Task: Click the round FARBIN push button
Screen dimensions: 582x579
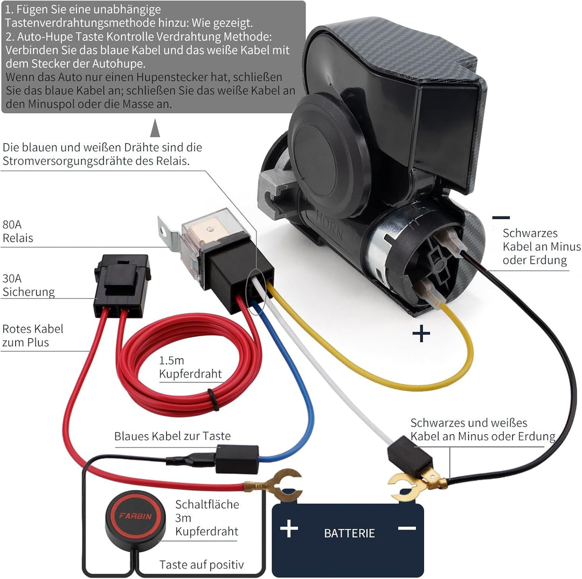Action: [x=135, y=516]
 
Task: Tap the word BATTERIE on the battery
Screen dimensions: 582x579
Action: [x=349, y=533]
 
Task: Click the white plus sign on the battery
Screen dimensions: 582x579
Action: [x=289, y=528]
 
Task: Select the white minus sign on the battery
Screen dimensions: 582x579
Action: [x=407, y=528]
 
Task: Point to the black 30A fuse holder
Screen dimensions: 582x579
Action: [x=122, y=285]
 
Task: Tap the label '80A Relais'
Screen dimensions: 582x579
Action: [x=17, y=231]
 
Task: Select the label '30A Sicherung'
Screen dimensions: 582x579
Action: [x=28, y=285]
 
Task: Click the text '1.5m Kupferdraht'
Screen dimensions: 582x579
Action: [x=190, y=367]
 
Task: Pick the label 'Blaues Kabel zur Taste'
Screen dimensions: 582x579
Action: [x=172, y=436]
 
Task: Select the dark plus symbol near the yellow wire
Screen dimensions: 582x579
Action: [x=421, y=333]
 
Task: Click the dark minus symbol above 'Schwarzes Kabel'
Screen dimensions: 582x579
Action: [x=501, y=218]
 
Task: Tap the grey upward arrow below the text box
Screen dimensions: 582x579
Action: [x=155, y=128]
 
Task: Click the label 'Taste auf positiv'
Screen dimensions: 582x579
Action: [x=202, y=564]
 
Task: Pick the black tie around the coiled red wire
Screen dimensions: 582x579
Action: [x=213, y=400]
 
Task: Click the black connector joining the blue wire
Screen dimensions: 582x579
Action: [x=237, y=459]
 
